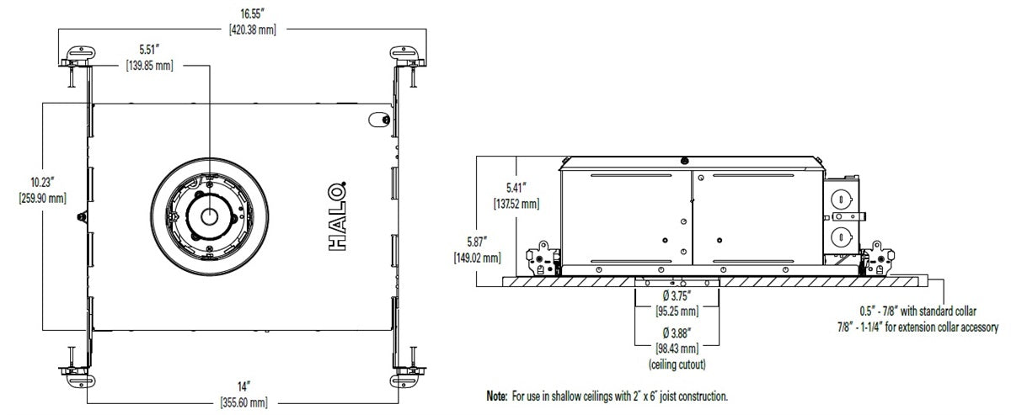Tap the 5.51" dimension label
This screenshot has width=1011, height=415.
click(x=149, y=49)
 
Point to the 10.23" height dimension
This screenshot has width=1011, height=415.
click(x=42, y=183)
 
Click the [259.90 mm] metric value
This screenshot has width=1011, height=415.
click(x=42, y=198)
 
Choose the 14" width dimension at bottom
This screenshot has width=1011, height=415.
click(x=243, y=386)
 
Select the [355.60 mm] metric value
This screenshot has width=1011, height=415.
click(x=243, y=402)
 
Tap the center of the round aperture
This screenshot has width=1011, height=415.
click(x=207, y=215)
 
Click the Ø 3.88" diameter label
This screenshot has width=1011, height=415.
click(x=676, y=334)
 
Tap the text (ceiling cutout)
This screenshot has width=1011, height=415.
click(x=676, y=364)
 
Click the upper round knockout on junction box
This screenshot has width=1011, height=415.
click(x=840, y=200)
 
